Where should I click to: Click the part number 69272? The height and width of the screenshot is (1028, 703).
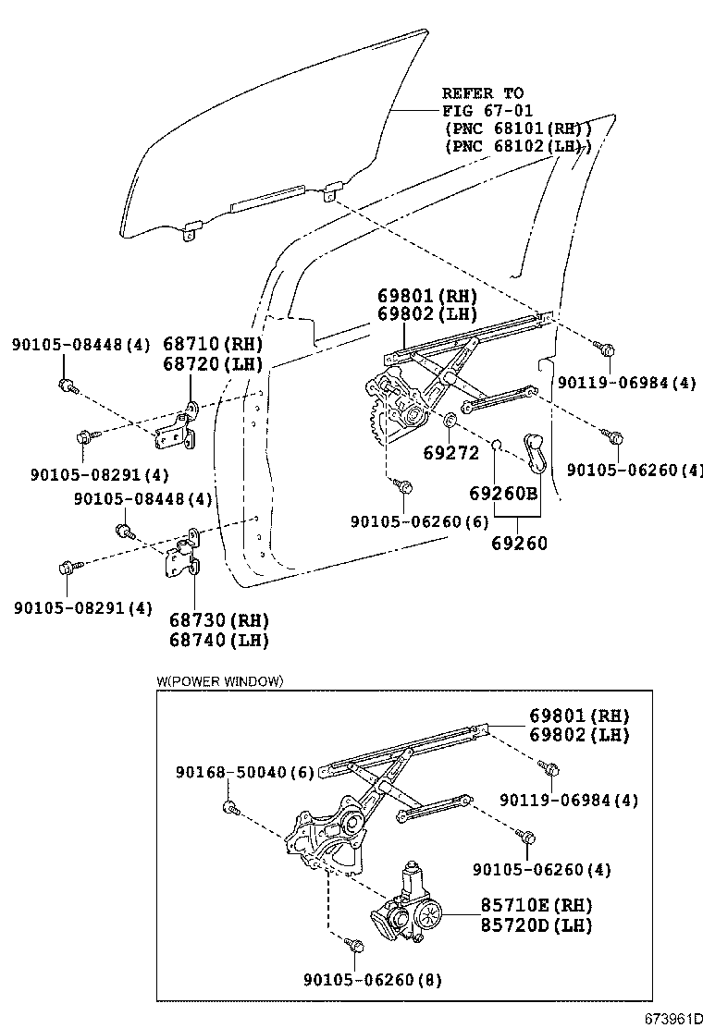coord(450,453)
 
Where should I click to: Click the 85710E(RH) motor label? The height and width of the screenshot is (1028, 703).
coord(536,905)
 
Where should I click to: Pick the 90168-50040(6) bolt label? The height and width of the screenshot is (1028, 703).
coord(245,771)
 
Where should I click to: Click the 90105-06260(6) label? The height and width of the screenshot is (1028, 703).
coord(419,521)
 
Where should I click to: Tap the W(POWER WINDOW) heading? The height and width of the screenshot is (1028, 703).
coord(219,681)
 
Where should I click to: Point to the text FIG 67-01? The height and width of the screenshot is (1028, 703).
coord(482,110)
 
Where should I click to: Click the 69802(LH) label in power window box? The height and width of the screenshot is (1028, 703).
coord(579,736)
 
